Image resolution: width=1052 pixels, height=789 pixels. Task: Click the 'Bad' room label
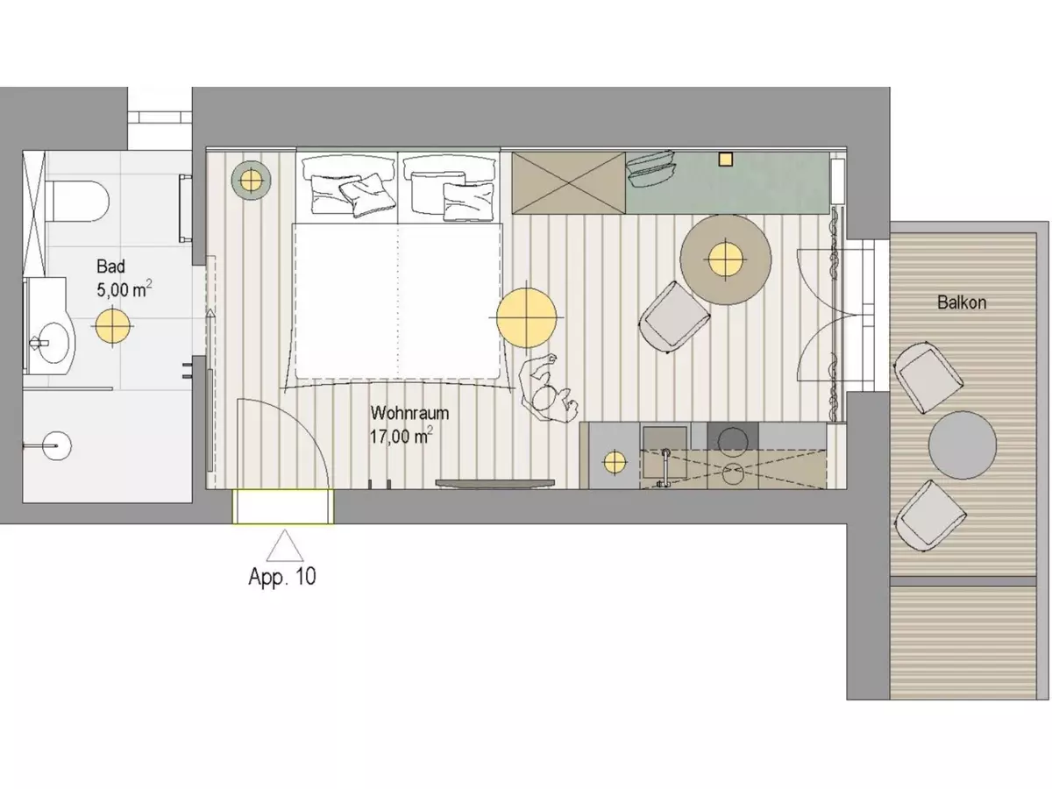coord(110,267)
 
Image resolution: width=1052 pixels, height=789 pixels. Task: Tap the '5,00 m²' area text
coord(124,289)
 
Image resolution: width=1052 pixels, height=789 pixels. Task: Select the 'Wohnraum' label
coord(409,413)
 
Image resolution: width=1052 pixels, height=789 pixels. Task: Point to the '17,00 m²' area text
coord(402,436)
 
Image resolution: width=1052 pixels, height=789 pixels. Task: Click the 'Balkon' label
coord(962,302)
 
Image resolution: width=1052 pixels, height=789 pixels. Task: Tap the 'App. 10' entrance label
coord(282,577)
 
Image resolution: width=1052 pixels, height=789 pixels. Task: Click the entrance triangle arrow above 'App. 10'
coord(285,545)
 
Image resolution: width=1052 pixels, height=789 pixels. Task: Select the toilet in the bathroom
coord(79,201)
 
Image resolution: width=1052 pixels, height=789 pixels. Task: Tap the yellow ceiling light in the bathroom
coord(112,326)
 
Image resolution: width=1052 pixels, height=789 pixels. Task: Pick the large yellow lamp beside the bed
coord(526,317)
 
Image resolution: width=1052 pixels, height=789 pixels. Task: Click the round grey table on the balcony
coord(963,445)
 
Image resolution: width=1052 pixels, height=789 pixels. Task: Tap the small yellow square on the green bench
coord(726,160)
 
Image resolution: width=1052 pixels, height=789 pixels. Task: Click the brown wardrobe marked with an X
coord(568,182)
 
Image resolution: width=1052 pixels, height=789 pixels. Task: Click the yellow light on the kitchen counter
coord(615,463)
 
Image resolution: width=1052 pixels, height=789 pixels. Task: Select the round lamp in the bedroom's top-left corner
coord(251,181)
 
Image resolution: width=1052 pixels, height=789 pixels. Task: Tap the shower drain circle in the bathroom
coord(57,445)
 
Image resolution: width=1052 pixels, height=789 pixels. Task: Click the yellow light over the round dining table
coord(726,259)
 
